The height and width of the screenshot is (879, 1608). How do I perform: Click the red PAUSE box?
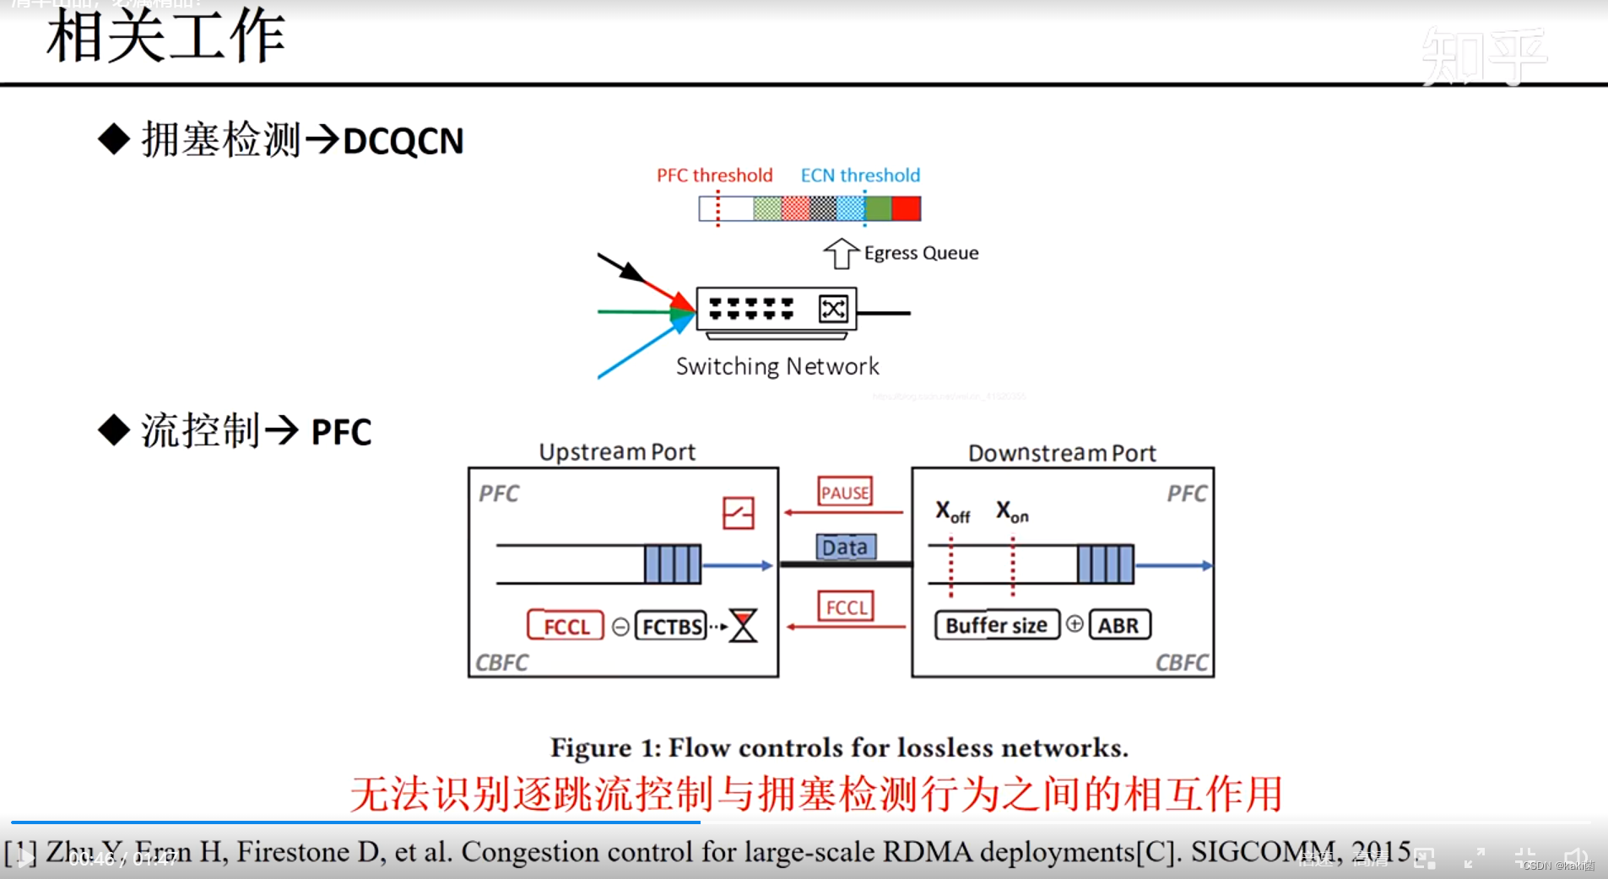pos(845,492)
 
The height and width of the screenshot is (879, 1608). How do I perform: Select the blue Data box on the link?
pos(845,547)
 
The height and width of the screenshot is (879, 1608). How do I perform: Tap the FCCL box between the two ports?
pos(846,607)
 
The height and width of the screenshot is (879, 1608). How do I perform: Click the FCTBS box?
pos(671,626)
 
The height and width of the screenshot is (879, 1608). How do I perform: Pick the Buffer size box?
pos(996,625)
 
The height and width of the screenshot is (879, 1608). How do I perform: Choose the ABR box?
pos(1119,625)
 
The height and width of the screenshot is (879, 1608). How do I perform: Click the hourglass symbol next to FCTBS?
pos(744,626)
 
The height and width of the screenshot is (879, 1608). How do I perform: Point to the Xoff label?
pos(952,511)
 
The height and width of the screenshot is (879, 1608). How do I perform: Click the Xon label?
pos(1012,511)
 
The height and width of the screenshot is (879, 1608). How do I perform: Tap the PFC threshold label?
pos(714,175)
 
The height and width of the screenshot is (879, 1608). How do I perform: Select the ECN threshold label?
pos(860,175)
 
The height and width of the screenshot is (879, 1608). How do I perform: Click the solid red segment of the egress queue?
pos(907,208)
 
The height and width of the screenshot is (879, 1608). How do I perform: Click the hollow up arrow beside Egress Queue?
pos(841,253)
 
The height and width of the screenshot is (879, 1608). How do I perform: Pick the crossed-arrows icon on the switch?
pos(833,310)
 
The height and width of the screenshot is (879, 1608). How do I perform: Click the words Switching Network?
pos(777,366)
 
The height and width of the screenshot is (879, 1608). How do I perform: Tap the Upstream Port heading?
pos(617,452)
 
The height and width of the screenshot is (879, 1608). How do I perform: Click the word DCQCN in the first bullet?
pos(403,141)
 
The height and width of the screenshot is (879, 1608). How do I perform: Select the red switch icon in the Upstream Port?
pos(738,513)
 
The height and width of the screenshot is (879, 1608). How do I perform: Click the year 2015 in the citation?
pos(1381,851)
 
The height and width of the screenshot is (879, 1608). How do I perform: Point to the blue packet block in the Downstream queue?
pos(1105,564)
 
